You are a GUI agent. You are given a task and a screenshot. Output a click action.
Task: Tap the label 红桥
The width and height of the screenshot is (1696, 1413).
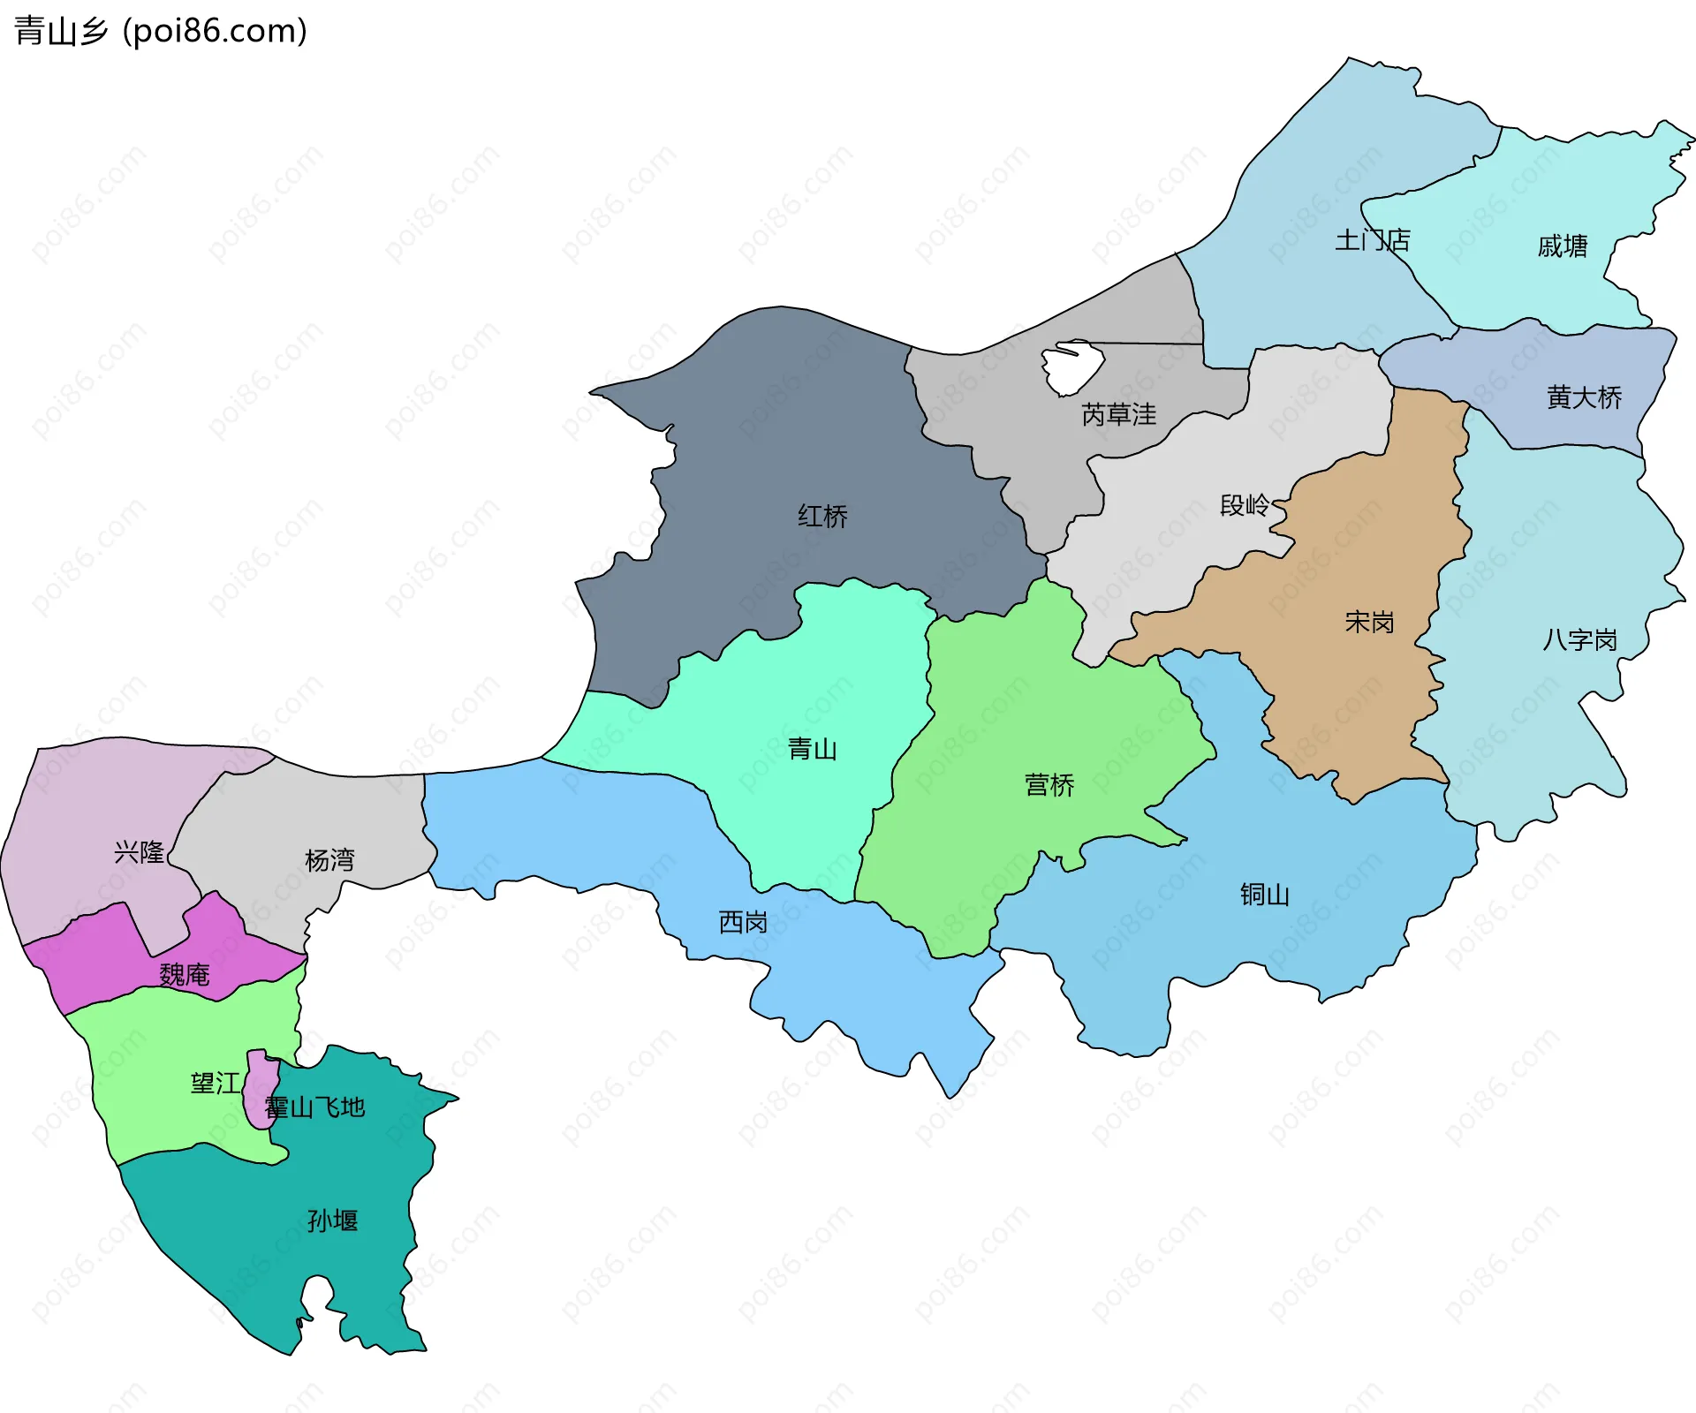coord(822,516)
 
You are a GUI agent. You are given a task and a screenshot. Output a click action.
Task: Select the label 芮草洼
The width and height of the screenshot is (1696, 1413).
coord(1118,414)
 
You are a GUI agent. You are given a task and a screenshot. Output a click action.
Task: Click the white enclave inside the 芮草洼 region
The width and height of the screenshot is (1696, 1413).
coord(1071,367)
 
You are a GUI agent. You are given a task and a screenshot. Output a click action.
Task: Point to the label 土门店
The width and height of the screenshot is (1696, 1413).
coord(1372,240)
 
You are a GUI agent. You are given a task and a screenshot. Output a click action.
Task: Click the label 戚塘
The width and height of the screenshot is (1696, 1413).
coord(1562,246)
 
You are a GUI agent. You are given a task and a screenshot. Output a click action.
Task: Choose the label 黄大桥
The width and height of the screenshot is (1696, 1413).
coord(1584,397)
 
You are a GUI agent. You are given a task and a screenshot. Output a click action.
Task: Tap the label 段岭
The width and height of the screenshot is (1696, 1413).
coord(1244,505)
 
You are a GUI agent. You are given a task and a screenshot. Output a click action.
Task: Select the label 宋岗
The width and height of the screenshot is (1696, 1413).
coord(1369,623)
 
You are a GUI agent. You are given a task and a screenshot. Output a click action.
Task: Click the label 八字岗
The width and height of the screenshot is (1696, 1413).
coord(1579,639)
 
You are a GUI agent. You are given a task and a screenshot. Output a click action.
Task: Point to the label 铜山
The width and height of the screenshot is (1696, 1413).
coord(1264,895)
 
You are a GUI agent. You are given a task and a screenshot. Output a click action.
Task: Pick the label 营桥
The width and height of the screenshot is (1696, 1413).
coord(1049,784)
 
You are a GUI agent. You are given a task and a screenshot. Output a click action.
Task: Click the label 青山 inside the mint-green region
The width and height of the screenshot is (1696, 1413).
coord(812,749)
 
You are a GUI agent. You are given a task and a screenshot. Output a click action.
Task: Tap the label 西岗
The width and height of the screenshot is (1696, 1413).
coord(743,922)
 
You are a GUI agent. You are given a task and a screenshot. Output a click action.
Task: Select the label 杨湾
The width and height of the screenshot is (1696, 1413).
coord(329,859)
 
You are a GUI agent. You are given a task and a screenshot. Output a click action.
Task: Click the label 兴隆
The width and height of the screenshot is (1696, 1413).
coord(140,851)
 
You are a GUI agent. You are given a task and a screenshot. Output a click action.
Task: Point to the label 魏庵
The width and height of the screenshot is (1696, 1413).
coord(185,974)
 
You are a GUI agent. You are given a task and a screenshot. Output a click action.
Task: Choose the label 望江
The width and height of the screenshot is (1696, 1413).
coord(215,1083)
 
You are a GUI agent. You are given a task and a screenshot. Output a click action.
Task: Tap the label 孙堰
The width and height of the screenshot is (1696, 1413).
coord(332,1220)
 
